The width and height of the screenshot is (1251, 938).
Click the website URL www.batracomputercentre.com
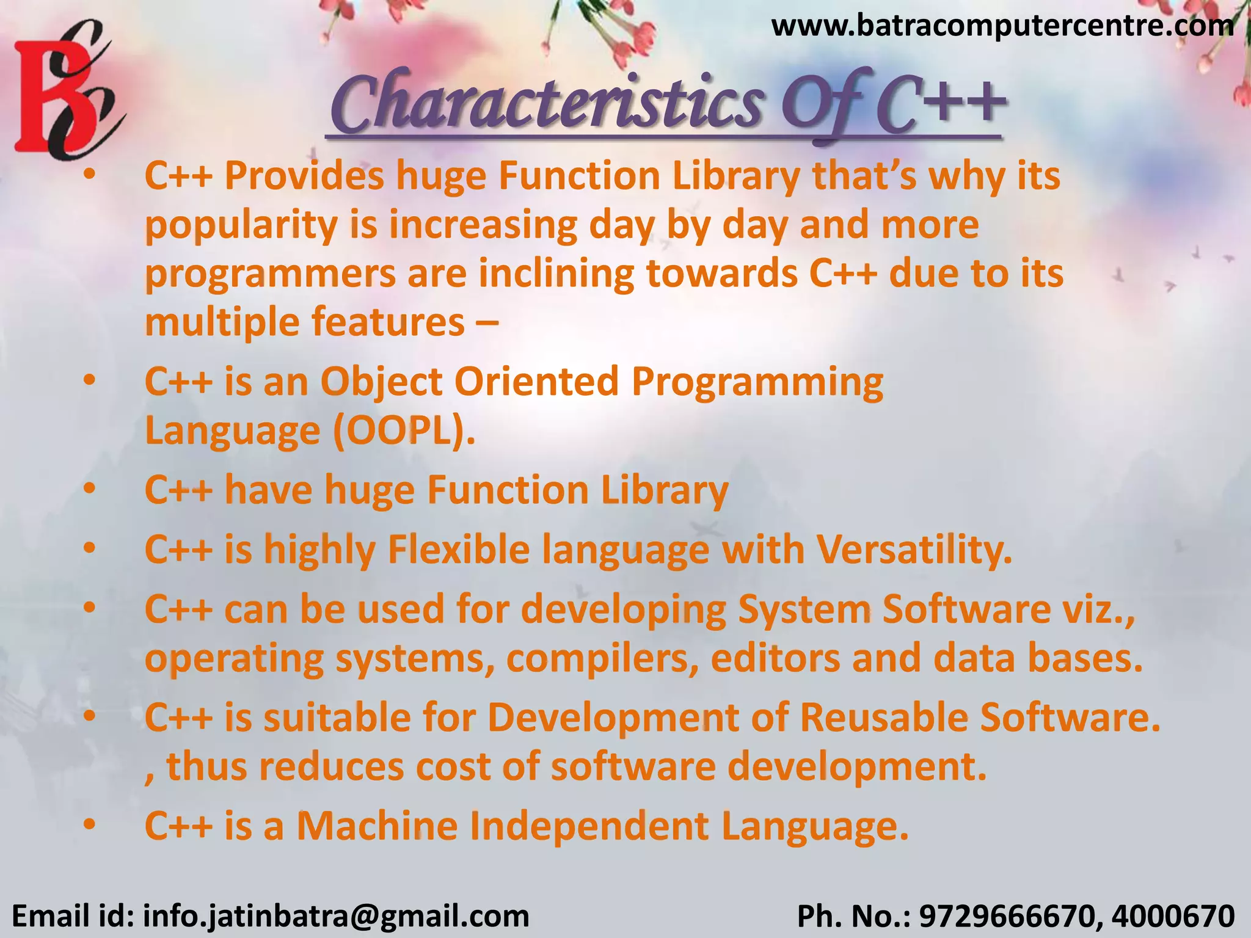tap(1002, 26)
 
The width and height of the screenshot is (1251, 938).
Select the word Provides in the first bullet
tap(304, 176)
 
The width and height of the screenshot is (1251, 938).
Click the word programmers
tap(270, 274)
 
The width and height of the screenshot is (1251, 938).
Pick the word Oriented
tap(536, 382)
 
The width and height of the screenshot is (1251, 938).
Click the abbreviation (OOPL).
tap(404, 431)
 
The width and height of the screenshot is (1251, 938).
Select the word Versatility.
tap(914, 550)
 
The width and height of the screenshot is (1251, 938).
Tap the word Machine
tap(377, 826)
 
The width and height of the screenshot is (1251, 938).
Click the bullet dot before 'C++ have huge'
tap(90, 489)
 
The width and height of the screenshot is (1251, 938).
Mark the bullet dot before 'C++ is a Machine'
tap(90, 825)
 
